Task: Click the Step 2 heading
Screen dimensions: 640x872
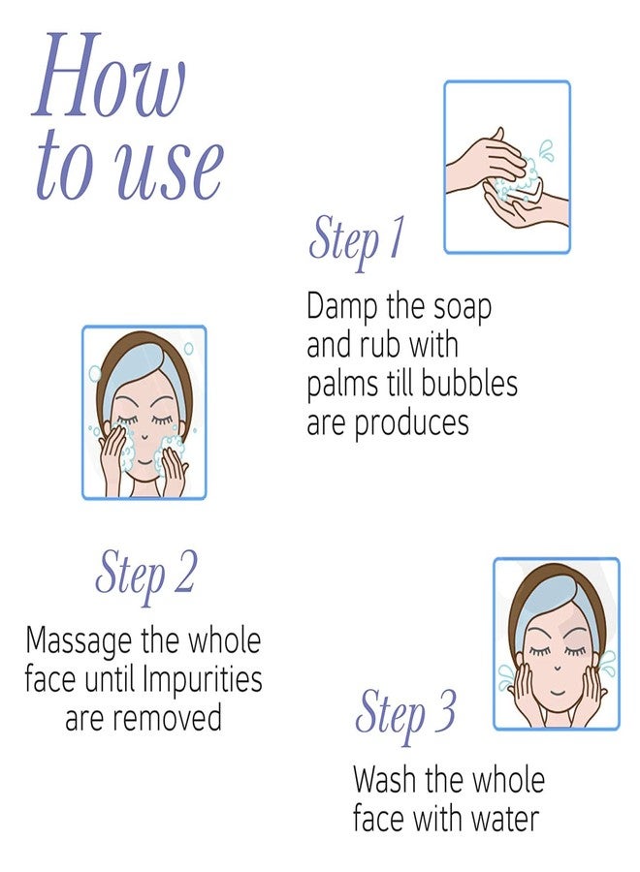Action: [144, 575]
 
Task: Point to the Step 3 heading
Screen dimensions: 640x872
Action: [405, 713]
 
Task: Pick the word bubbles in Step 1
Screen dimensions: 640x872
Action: [468, 384]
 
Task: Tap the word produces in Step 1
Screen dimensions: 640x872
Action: [411, 423]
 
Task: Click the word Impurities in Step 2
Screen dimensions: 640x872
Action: [202, 679]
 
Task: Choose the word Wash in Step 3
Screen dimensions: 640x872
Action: [385, 780]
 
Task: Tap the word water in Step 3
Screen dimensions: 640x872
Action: [505, 819]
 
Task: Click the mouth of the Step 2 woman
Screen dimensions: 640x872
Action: [144, 462]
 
